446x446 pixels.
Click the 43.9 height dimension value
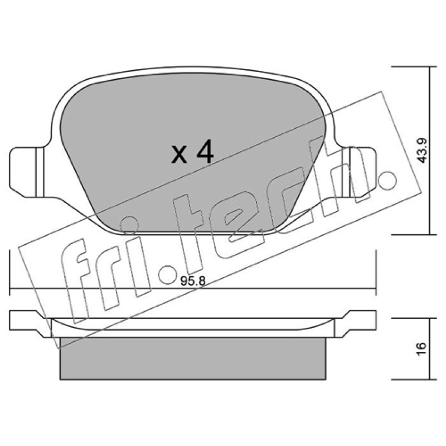pyautogui.click(x=423, y=151)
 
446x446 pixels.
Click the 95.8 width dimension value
pyautogui.click(x=193, y=282)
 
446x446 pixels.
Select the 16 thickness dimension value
pyautogui.click(x=423, y=348)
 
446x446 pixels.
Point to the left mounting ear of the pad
pyautogui.click(x=27, y=172)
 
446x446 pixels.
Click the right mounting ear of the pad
pyautogui.click(x=359, y=172)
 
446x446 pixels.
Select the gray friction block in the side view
pyautogui.click(x=193, y=358)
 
